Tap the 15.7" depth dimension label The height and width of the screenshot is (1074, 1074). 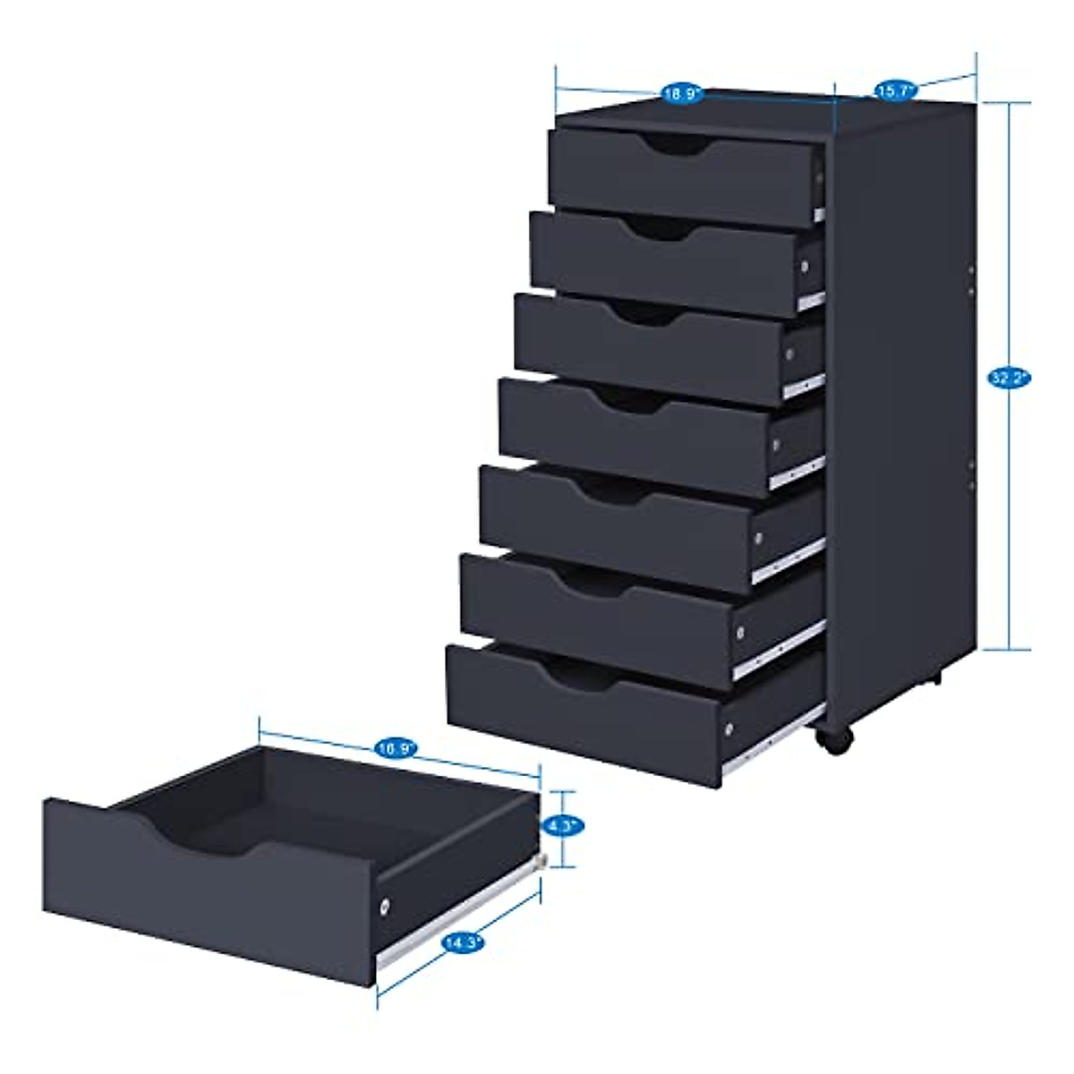click(893, 90)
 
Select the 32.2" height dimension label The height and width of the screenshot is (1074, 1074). click(1010, 379)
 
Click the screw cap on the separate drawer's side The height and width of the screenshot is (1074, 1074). click(385, 905)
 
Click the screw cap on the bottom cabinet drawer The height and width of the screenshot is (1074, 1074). click(730, 729)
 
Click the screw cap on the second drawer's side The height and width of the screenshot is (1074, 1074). click(805, 267)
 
